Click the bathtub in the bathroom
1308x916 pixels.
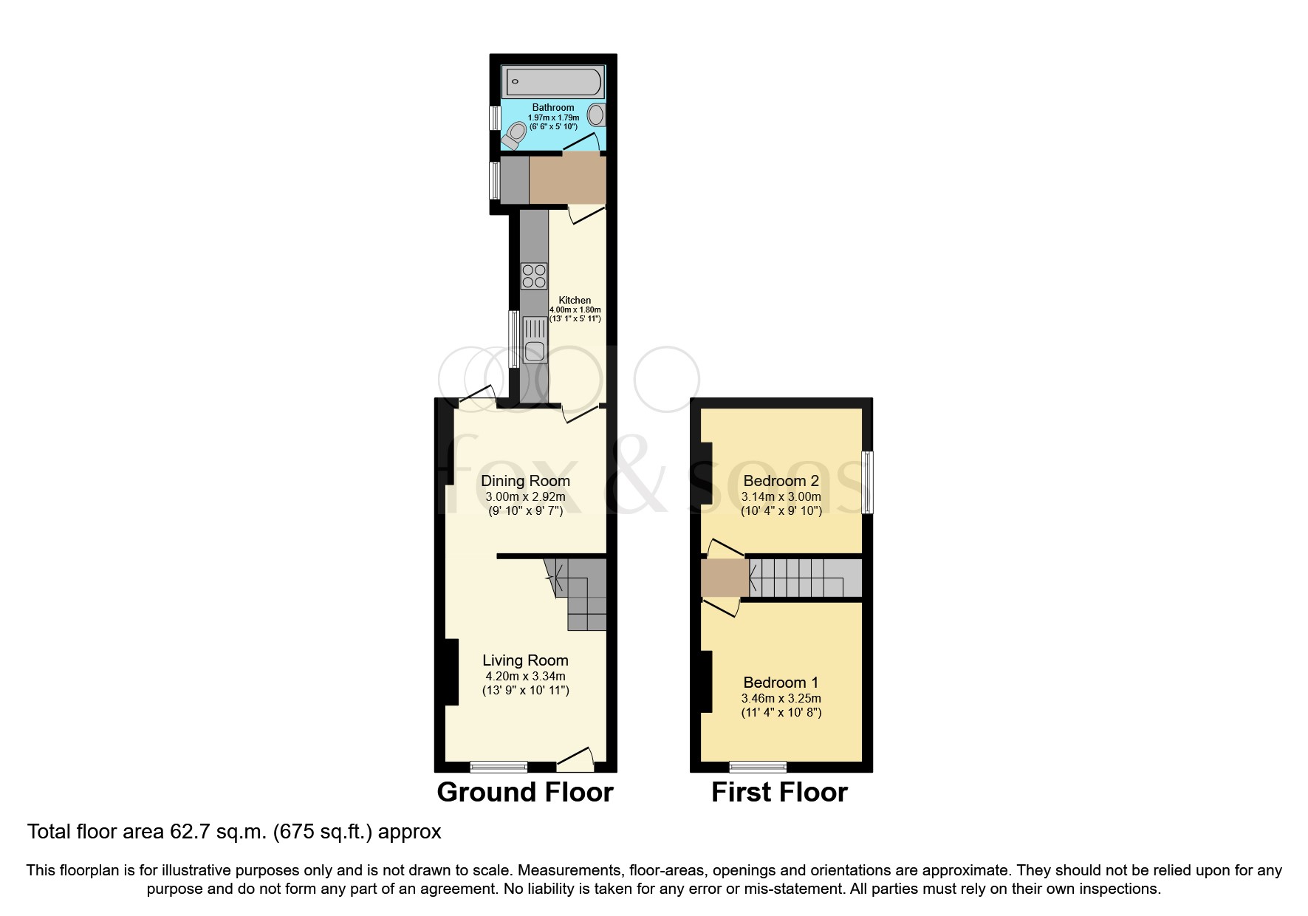coord(552,82)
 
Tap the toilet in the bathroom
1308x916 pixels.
coord(515,134)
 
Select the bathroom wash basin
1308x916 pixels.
coord(597,115)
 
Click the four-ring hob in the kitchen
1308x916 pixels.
coord(534,276)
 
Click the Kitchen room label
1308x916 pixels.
coord(575,301)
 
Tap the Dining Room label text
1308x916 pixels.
coord(525,481)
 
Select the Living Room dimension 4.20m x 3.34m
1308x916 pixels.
coord(525,676)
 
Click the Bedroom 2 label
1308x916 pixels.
coord(781,482)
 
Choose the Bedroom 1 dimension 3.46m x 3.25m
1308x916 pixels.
coord(781,698)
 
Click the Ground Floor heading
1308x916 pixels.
coord(525,793)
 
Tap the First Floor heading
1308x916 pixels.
coord(779,793)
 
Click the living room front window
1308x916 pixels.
coord(499,767)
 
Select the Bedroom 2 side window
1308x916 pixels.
coord(868,482)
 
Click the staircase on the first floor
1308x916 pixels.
coord(805,578)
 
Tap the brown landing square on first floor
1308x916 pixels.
coord(725,578)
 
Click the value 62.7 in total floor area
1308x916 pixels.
coord(186,832)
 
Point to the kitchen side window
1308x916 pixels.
coord(514,340)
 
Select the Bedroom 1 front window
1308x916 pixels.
coord(758,767)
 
